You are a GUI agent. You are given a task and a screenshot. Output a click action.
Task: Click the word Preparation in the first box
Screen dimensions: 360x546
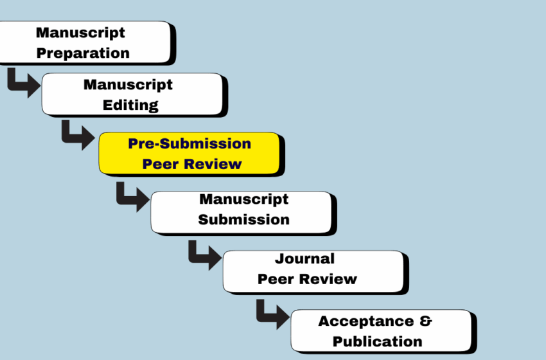pyautogui.click(x=82, y=53)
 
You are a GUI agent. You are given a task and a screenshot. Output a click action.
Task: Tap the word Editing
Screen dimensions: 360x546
pyautogui.click(x=130, y=105)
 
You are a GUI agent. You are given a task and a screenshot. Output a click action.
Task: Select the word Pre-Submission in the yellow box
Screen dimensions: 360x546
pyautogui.click(x=189, y=143)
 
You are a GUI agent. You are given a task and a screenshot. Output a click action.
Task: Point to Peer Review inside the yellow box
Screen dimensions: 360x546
pyautogui.click(x=192, y=163)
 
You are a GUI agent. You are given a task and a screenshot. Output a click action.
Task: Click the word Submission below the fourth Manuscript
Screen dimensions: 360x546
pyautogui.click(x=243, y=219)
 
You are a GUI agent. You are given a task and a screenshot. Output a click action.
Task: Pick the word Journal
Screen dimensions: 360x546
pyautogui.click(x=304, y=258)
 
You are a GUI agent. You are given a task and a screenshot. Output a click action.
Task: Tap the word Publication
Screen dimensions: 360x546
pyautogui.click(x=377, y=341)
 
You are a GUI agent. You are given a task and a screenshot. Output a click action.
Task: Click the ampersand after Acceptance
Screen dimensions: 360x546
pyautogui.click(x=425, y=321)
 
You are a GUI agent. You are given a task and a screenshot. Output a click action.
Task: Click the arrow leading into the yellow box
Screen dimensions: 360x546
pyautogui.click(x=78, y=135)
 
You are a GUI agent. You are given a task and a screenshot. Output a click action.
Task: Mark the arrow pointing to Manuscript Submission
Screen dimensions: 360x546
pyautogui.click(x=132, y=194)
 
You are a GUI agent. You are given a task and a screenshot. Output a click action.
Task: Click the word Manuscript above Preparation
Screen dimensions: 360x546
pyautogui.click(x=80, y=32)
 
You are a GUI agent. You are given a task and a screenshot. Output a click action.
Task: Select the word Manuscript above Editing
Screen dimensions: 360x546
pyautogui.click(x=128, y=84)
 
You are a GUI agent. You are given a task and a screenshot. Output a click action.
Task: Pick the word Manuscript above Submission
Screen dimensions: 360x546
pyautogui.click(x=243, y=199)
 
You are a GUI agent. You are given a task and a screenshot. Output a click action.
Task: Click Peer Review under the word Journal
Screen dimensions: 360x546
pyautogui.click(x=307, y=279)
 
